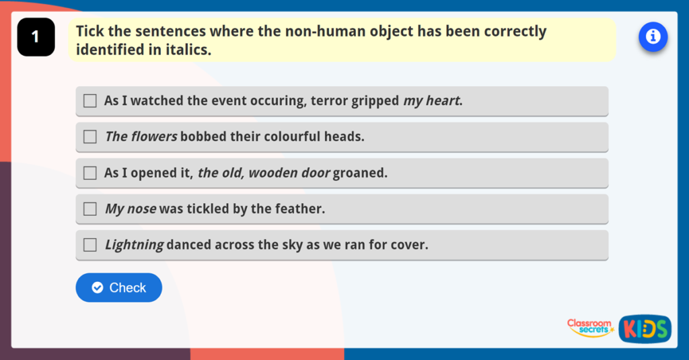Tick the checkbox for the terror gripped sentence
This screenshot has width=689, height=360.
[90, 101]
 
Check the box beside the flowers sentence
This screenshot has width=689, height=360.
[90, 137]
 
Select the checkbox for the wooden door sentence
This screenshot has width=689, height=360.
[90, 173]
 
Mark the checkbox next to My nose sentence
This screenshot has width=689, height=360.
[90, 209]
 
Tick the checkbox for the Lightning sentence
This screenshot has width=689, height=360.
[90, 245]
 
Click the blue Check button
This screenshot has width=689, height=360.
[118, 287]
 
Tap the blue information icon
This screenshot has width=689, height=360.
[653, 36]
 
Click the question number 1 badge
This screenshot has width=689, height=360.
[36, 37]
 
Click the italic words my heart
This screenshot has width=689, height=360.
[432, 101]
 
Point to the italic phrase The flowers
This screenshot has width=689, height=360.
[141, 137]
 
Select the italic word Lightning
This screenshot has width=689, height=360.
[134, 245]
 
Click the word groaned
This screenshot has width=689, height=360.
[360, 173]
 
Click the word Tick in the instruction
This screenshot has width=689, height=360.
[89, 32]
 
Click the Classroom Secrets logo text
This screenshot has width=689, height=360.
[589, 327]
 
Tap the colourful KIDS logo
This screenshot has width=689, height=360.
[645, 328]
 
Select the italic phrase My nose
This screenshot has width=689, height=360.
[131, 209]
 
